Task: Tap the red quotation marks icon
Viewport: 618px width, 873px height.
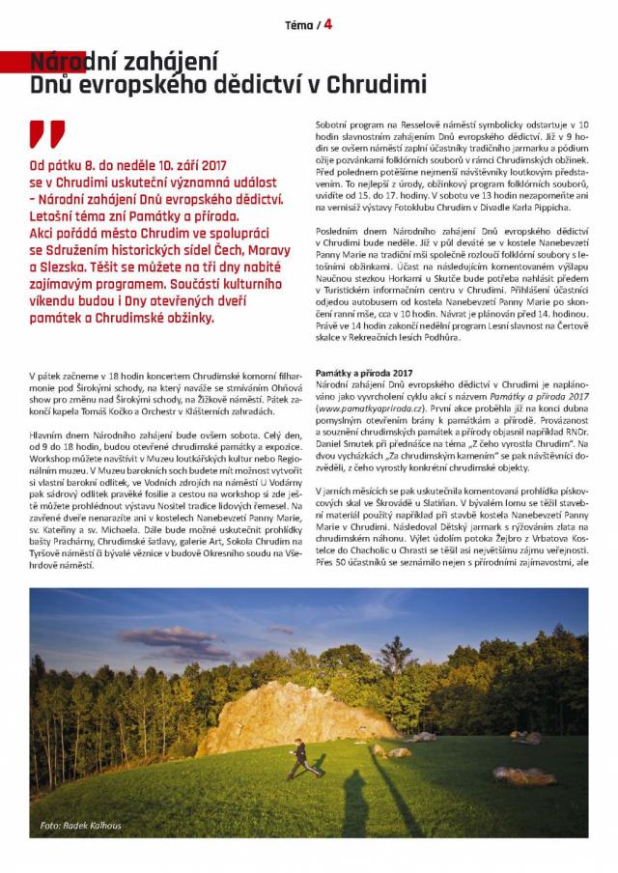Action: [48, 133]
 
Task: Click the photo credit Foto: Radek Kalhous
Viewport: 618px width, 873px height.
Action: [81, 826]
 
